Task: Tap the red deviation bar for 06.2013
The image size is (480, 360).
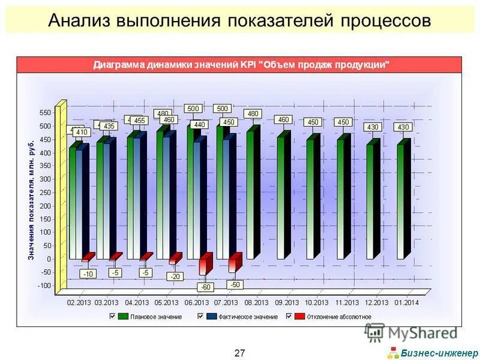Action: click(205, 265)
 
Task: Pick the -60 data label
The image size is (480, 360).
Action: click(205, 287)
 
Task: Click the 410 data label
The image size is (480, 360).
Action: click(81, 132)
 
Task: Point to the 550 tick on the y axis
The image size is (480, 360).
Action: click(46, 113)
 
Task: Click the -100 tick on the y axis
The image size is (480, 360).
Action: click(44, 286)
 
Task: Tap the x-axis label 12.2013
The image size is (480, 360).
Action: click(377, 302)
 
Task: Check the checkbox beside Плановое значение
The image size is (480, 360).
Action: click(112, 316)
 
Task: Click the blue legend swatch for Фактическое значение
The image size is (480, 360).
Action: click(211, 316)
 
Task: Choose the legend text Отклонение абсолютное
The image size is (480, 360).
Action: click(340, 316)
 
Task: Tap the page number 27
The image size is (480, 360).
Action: click(239, 353)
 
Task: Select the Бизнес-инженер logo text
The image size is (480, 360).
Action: click(439, 352)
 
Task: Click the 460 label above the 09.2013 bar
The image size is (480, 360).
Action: click(283, 119)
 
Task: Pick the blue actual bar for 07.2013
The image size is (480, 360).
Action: click(226, 198)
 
